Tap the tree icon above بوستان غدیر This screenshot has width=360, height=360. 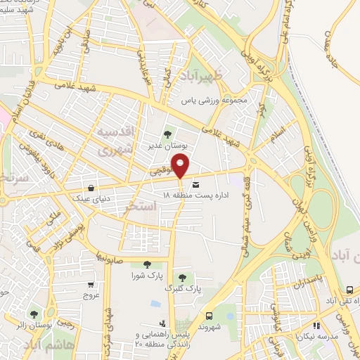click(167, 134)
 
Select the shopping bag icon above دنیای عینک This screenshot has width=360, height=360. click(92, 187)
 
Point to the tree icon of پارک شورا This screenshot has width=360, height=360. click(147, 264)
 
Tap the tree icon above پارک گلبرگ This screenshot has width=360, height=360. click(184, 276)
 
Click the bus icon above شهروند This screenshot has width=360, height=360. click(208, 316)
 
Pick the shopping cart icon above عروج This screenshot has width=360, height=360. click(90, 285)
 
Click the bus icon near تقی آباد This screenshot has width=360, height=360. click(350, 290)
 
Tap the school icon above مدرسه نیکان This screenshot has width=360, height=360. click(316, 326)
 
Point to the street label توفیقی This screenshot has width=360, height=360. click(160, 171)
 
